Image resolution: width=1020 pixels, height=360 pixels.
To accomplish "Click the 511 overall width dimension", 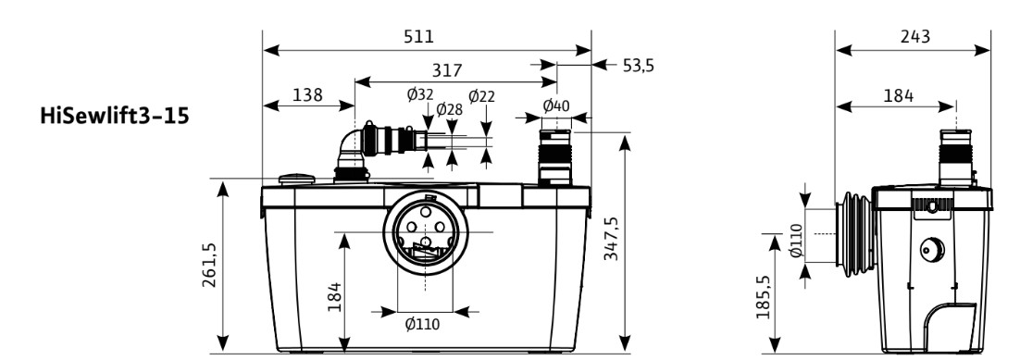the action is (x=418, y=36).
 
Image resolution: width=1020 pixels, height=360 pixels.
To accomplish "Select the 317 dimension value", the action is (x=447, y=69).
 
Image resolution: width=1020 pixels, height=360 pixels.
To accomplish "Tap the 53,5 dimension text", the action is (x=638, y=66).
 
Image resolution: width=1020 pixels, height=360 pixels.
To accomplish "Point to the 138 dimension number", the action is (x=307, y=95).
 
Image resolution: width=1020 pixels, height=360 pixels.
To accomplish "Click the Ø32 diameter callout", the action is (x=419, y=95).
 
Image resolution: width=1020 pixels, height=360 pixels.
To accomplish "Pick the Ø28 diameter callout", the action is (x=450, y=108).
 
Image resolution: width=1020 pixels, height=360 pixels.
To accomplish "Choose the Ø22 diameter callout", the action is (x=481, y=96).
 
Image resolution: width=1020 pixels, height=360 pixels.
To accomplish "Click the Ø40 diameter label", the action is (x=556, y=105).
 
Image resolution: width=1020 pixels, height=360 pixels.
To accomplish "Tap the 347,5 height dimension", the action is (x=611, y=238).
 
